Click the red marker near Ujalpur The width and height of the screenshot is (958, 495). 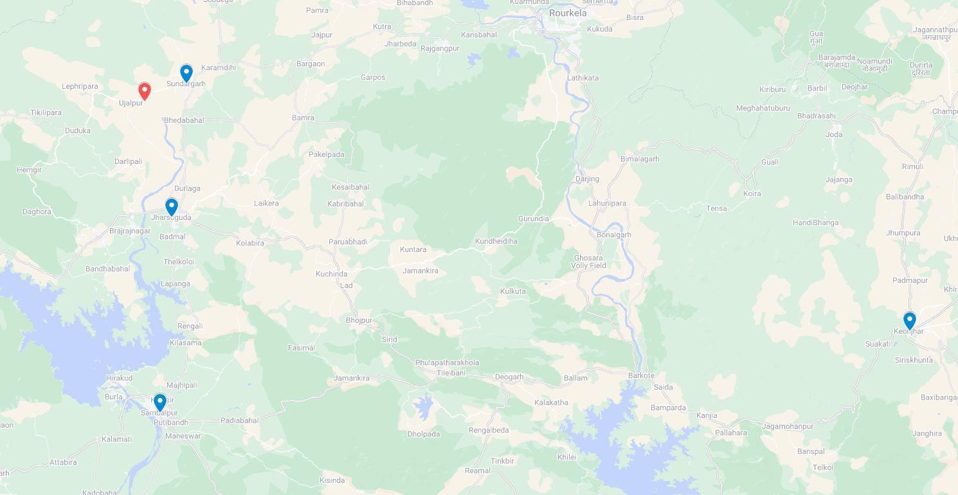145,91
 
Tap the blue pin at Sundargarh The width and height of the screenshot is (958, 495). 186,73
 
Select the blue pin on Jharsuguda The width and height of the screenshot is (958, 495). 172,206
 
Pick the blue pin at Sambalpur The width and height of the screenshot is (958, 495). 160,402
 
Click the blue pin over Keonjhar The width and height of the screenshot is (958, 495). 909,320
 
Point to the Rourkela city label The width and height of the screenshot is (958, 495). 568,13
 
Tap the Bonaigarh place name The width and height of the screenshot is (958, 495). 614,235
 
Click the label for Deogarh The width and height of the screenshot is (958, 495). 509,377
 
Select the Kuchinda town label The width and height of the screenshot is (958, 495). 332,274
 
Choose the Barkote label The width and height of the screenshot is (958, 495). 641,375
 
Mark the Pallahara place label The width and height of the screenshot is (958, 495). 731,433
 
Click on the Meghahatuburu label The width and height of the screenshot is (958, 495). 763,108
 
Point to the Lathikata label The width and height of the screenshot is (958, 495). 583,78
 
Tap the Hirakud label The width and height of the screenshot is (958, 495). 119,378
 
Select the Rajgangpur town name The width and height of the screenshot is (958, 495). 440,48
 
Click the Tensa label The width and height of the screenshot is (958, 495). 716,208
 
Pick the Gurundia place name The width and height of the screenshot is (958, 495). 534,219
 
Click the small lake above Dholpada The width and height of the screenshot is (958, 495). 422,406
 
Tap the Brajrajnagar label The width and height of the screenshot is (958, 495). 130,231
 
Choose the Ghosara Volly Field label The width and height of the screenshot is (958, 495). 588,262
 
